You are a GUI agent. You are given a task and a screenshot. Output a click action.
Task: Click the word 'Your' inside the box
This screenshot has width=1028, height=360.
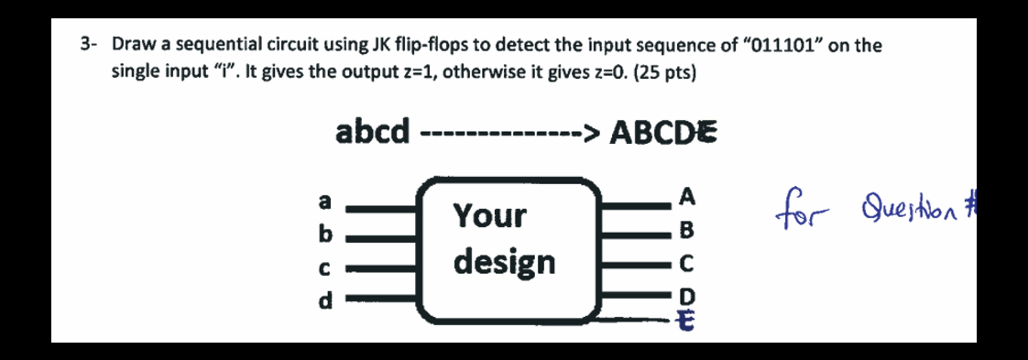click(x=491, y=216)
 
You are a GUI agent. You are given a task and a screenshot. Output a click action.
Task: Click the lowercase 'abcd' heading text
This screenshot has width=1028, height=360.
click(x=372, y=132)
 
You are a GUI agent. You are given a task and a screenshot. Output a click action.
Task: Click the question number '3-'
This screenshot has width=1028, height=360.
click(x=89, y=44)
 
